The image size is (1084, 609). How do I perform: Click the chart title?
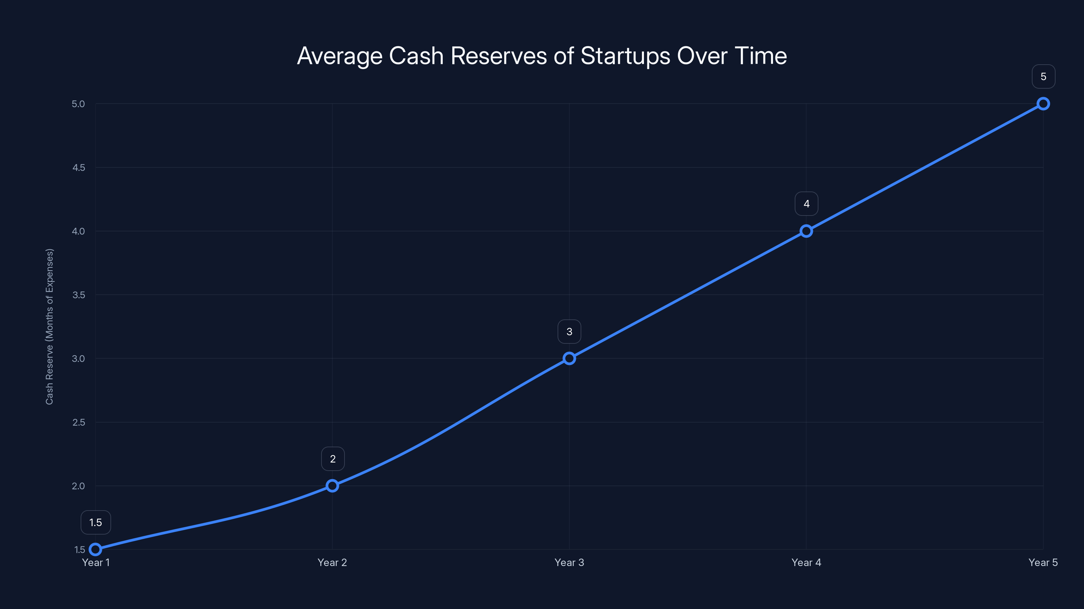point(542,56)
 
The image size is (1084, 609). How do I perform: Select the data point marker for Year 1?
point(96,549)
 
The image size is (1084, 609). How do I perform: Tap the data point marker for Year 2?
point(332,486)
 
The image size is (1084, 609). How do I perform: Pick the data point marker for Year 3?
point(569,359)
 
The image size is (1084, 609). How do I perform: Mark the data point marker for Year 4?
point(806,231)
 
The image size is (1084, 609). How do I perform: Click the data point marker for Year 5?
point(1043,104)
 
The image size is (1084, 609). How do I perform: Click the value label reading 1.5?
point(96,522)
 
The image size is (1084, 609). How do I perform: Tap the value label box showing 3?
point(569,332)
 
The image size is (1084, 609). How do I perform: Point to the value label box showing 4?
point(806,204)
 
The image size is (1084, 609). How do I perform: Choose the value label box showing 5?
point(1043,76)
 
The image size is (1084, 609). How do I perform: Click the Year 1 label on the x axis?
point(96,562)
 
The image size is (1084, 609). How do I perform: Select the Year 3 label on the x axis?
point(569,562)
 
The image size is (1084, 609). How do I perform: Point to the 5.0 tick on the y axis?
point(78,104)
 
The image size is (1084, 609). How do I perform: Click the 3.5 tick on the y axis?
point(78,295)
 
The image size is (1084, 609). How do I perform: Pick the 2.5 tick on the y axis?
point(78,422)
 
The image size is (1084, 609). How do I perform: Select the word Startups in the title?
point(625,56)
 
